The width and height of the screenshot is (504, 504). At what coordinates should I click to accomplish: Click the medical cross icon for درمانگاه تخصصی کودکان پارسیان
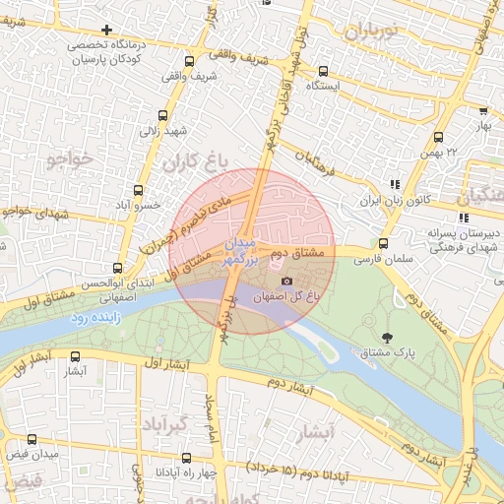click(x=107, y=30)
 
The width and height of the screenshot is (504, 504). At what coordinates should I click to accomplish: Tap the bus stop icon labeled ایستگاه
click(x=323, y=71)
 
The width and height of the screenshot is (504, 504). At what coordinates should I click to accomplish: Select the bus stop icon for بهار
click(x=482, y=112)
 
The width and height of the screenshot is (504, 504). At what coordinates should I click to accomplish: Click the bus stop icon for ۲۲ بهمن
click(x=438, y=138)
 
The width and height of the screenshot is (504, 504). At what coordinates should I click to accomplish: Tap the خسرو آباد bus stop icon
click(x=137, y=190)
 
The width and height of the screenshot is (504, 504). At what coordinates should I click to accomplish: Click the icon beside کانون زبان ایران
click(x=396, y=184)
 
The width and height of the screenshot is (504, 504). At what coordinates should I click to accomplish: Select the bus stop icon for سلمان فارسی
click(x=383, y=243)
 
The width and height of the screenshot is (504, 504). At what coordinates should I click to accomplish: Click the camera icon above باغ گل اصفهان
click(x=286, y=282)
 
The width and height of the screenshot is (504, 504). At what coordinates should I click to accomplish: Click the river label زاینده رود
click(x=94, y=319)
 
